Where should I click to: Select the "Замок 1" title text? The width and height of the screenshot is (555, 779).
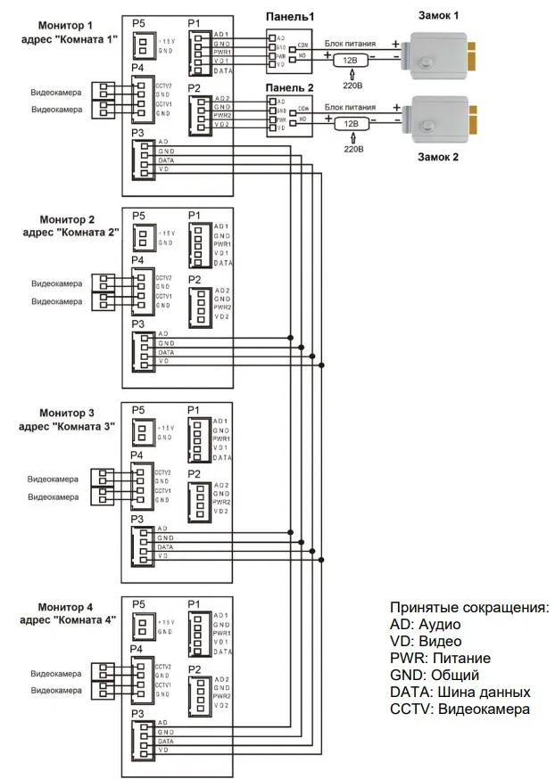point(439,16)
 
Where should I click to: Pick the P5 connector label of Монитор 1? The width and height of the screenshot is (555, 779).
point(138,22)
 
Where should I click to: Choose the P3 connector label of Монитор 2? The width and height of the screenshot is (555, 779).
point(138,324)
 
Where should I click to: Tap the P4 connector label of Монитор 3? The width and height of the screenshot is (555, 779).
point(138,455)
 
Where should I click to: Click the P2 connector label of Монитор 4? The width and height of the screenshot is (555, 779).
point(195,668)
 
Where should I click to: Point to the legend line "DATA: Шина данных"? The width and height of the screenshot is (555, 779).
point(460,692)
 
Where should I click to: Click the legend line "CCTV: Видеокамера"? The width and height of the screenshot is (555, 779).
point(460,709)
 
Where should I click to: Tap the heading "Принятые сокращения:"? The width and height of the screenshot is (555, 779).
point(469,607)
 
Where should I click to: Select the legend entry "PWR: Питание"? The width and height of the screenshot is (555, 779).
point(440,658)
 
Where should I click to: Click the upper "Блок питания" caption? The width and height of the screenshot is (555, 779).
point(350,43)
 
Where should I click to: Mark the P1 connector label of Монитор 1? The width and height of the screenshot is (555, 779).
point(195,22)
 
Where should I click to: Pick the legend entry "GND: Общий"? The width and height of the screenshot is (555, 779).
point(435,675)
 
